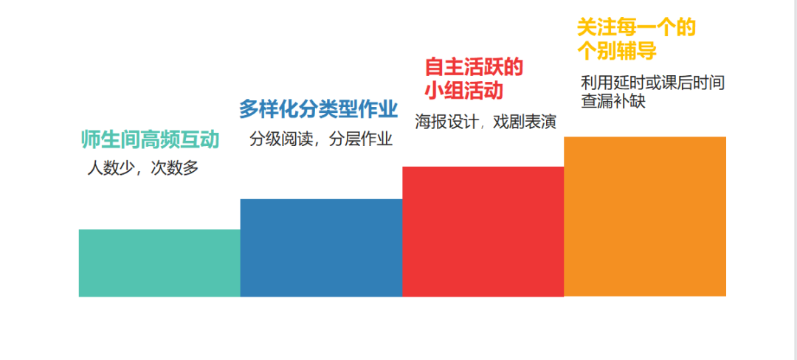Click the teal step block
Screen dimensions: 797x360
159,263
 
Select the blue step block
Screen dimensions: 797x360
321,248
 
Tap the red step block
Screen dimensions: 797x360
483,232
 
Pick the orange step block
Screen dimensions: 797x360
645,216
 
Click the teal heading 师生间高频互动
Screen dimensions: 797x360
151,140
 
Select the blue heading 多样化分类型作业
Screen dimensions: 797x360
318,109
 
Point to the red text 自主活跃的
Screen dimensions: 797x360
474,67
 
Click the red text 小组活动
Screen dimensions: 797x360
464,91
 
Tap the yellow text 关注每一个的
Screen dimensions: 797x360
636,28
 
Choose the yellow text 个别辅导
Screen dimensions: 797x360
616,52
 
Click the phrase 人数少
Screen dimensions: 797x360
111,168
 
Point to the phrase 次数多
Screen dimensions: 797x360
174,168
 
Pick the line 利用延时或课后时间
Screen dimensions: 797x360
652,83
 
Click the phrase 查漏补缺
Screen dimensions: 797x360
613,100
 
